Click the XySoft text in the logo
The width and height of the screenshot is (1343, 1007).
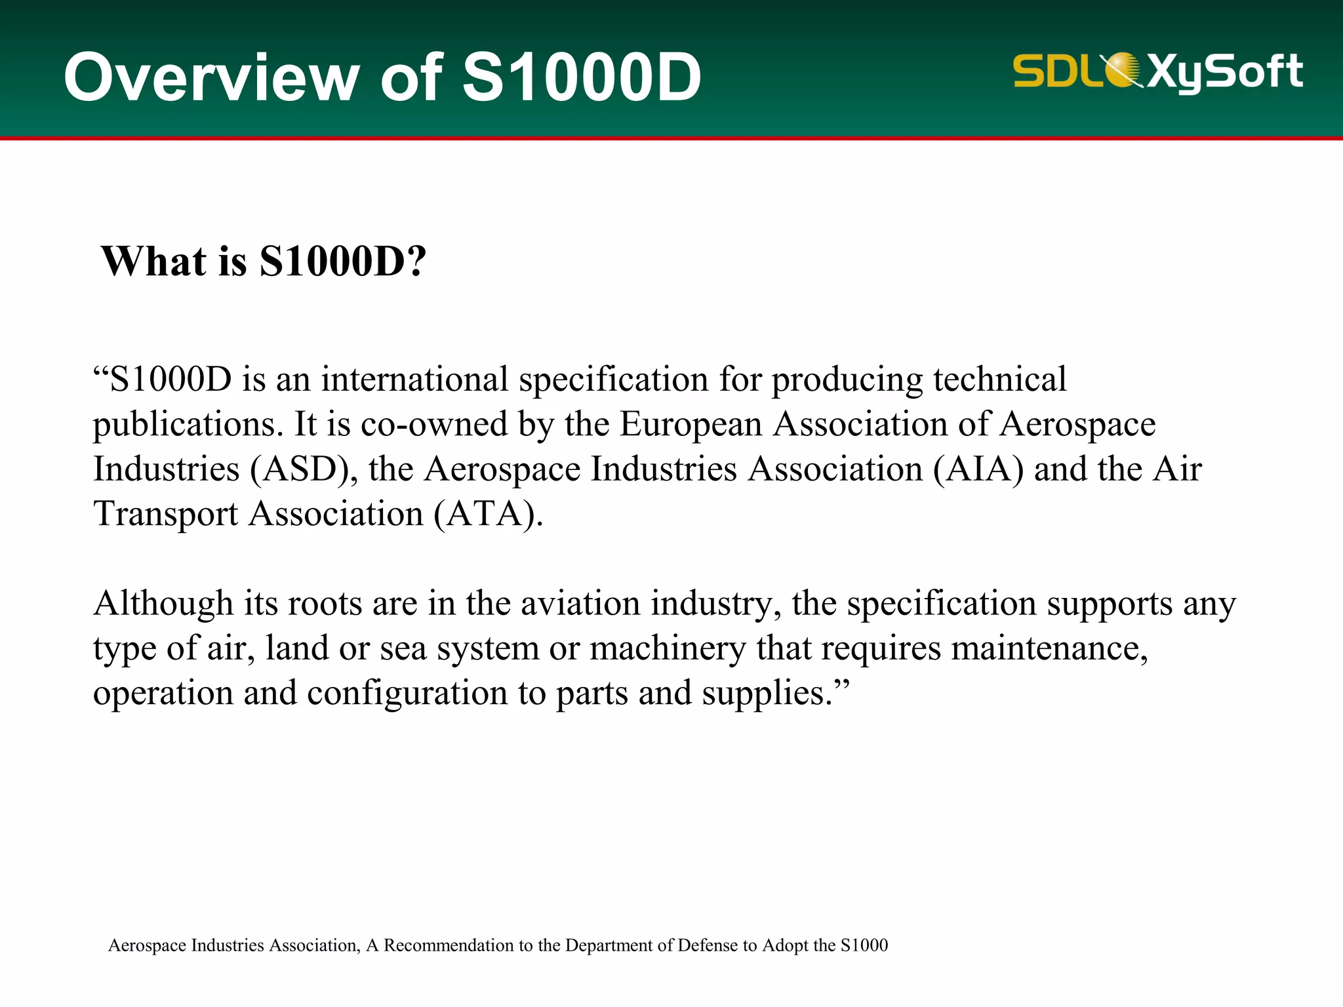click(x=1224, y=72)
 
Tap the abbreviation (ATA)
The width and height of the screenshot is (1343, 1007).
click(x=488, y=514)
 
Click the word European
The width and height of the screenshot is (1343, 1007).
click(x=691, y=425)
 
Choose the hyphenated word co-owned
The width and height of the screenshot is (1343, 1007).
click(x=434, y=425)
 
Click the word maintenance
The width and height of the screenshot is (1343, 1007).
click(x=1049, y=648)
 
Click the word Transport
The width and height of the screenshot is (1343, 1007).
click(x=165, y=514)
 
